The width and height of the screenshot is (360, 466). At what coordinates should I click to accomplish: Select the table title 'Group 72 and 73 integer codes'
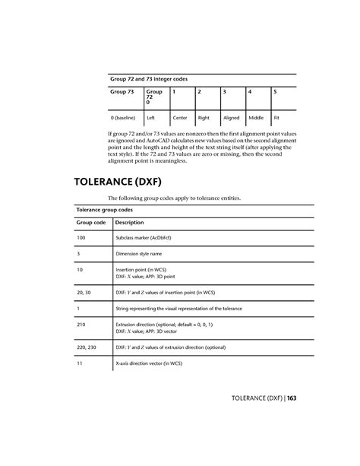tap(149, 78)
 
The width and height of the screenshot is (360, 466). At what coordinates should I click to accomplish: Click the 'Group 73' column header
tap(122, 92)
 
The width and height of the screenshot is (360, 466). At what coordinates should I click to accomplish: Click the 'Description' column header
tap(129, 223)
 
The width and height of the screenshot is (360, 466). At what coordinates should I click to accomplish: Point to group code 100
tap(81, 239)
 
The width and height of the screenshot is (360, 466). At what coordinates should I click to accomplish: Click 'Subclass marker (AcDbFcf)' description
tap(148, 239)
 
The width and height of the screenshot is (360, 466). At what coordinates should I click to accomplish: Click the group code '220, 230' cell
tap(87, 347)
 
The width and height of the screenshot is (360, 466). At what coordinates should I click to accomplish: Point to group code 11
tap(80, 363)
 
